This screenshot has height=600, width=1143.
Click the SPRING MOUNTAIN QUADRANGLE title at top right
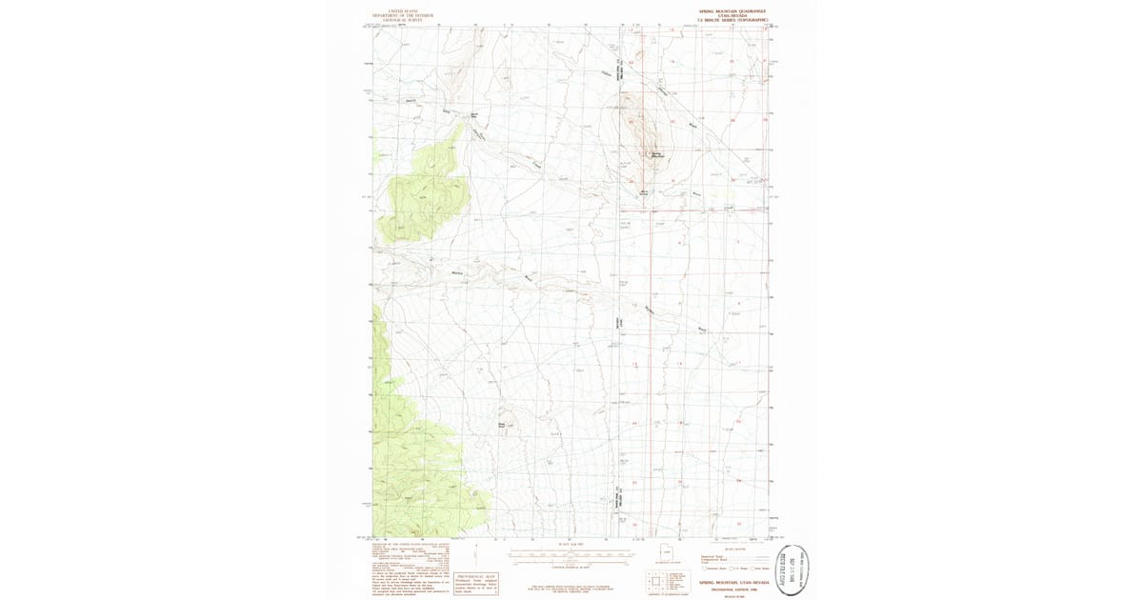coord(732,10)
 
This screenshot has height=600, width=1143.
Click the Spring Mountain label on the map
coord(656,154)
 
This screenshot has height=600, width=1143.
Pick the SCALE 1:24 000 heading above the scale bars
coord(570,544)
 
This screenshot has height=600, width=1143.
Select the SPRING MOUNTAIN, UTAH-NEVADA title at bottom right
coord(732,581)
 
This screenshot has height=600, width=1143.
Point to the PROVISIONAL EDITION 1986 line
coord(732,587)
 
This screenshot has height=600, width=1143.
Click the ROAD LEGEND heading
coord(732,548)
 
